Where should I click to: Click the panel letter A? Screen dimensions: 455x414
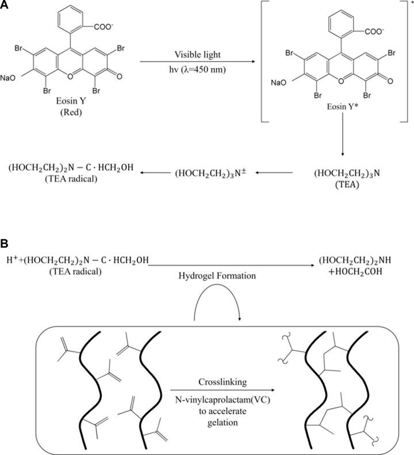pyautogui.click(x=5, y=6)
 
